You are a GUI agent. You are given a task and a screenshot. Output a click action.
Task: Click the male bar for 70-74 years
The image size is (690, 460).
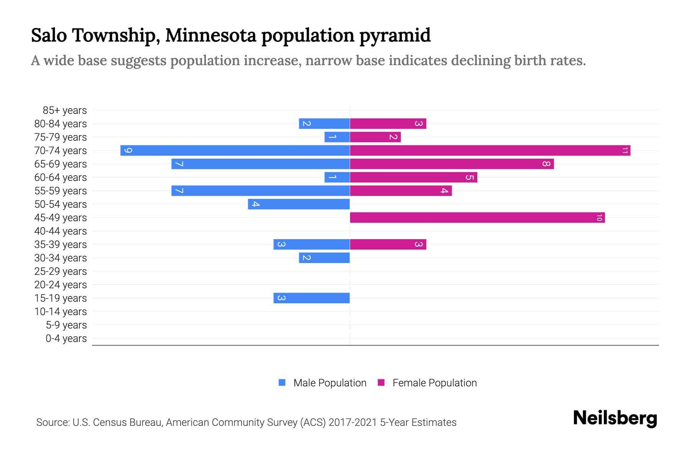(235, 150)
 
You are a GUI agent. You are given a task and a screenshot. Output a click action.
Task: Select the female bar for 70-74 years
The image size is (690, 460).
(490, 150)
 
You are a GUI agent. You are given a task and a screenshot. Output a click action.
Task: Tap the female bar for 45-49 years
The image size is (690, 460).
(477, 217)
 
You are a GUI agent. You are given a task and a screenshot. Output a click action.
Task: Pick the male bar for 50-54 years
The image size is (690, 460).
(299, 204)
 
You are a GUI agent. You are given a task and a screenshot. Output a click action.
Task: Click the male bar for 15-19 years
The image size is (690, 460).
(311, 298)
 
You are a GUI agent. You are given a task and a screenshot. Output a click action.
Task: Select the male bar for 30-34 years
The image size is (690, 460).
(324, 258)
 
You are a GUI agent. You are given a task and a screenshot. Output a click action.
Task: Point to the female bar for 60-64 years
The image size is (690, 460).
(413, 177)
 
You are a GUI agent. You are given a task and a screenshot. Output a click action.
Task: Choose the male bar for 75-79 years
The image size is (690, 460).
(337, 137)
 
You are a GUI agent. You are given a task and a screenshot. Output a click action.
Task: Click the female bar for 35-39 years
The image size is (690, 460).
(388, 244)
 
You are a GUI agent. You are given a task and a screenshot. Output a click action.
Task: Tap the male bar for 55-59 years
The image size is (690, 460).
(260, 191)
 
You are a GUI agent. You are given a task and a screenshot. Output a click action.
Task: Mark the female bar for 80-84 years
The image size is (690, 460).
(388, 123)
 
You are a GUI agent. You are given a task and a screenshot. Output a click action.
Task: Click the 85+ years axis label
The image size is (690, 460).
(65, 110)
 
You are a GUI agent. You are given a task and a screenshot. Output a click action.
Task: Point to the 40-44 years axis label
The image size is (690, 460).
(61, 231)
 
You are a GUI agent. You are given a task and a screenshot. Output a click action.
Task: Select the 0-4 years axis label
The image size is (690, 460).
(66, 338)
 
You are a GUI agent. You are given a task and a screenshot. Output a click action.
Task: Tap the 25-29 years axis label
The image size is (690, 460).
(61, 271)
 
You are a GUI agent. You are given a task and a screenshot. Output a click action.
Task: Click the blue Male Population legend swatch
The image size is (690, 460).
(282, 383)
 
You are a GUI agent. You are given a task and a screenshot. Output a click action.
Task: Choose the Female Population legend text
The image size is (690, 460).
(434, 383)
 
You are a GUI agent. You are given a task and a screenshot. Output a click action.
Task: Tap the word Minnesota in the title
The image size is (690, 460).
(211, 35)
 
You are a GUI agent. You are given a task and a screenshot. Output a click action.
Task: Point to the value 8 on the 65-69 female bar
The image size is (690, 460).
(546, 164)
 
